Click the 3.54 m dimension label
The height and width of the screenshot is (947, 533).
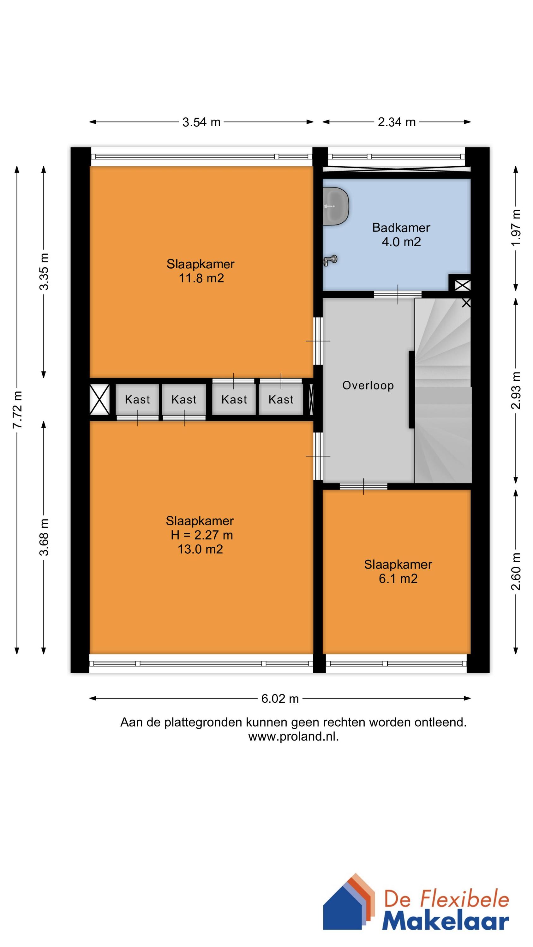pos(201,122)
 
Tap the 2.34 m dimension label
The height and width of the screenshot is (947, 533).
pos(396,122)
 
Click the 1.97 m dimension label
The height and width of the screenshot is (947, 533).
pos(516,228)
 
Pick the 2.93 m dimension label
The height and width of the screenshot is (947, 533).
pos(516,390)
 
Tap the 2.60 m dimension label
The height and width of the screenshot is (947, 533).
pos(516,571)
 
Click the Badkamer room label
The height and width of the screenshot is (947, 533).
pos(401,228)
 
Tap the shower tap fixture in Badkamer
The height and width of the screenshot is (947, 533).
pos(330,260)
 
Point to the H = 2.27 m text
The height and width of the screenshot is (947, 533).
pos(201,535)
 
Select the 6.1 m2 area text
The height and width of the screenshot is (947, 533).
pos(398,579)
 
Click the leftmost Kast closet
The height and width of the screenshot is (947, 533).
pos(137,399)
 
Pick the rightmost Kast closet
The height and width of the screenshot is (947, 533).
pos(281,399)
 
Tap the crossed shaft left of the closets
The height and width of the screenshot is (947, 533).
pos(100,399)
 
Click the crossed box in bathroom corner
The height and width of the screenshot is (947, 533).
pos(462,285)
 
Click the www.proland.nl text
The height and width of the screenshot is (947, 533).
pos(293,737)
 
